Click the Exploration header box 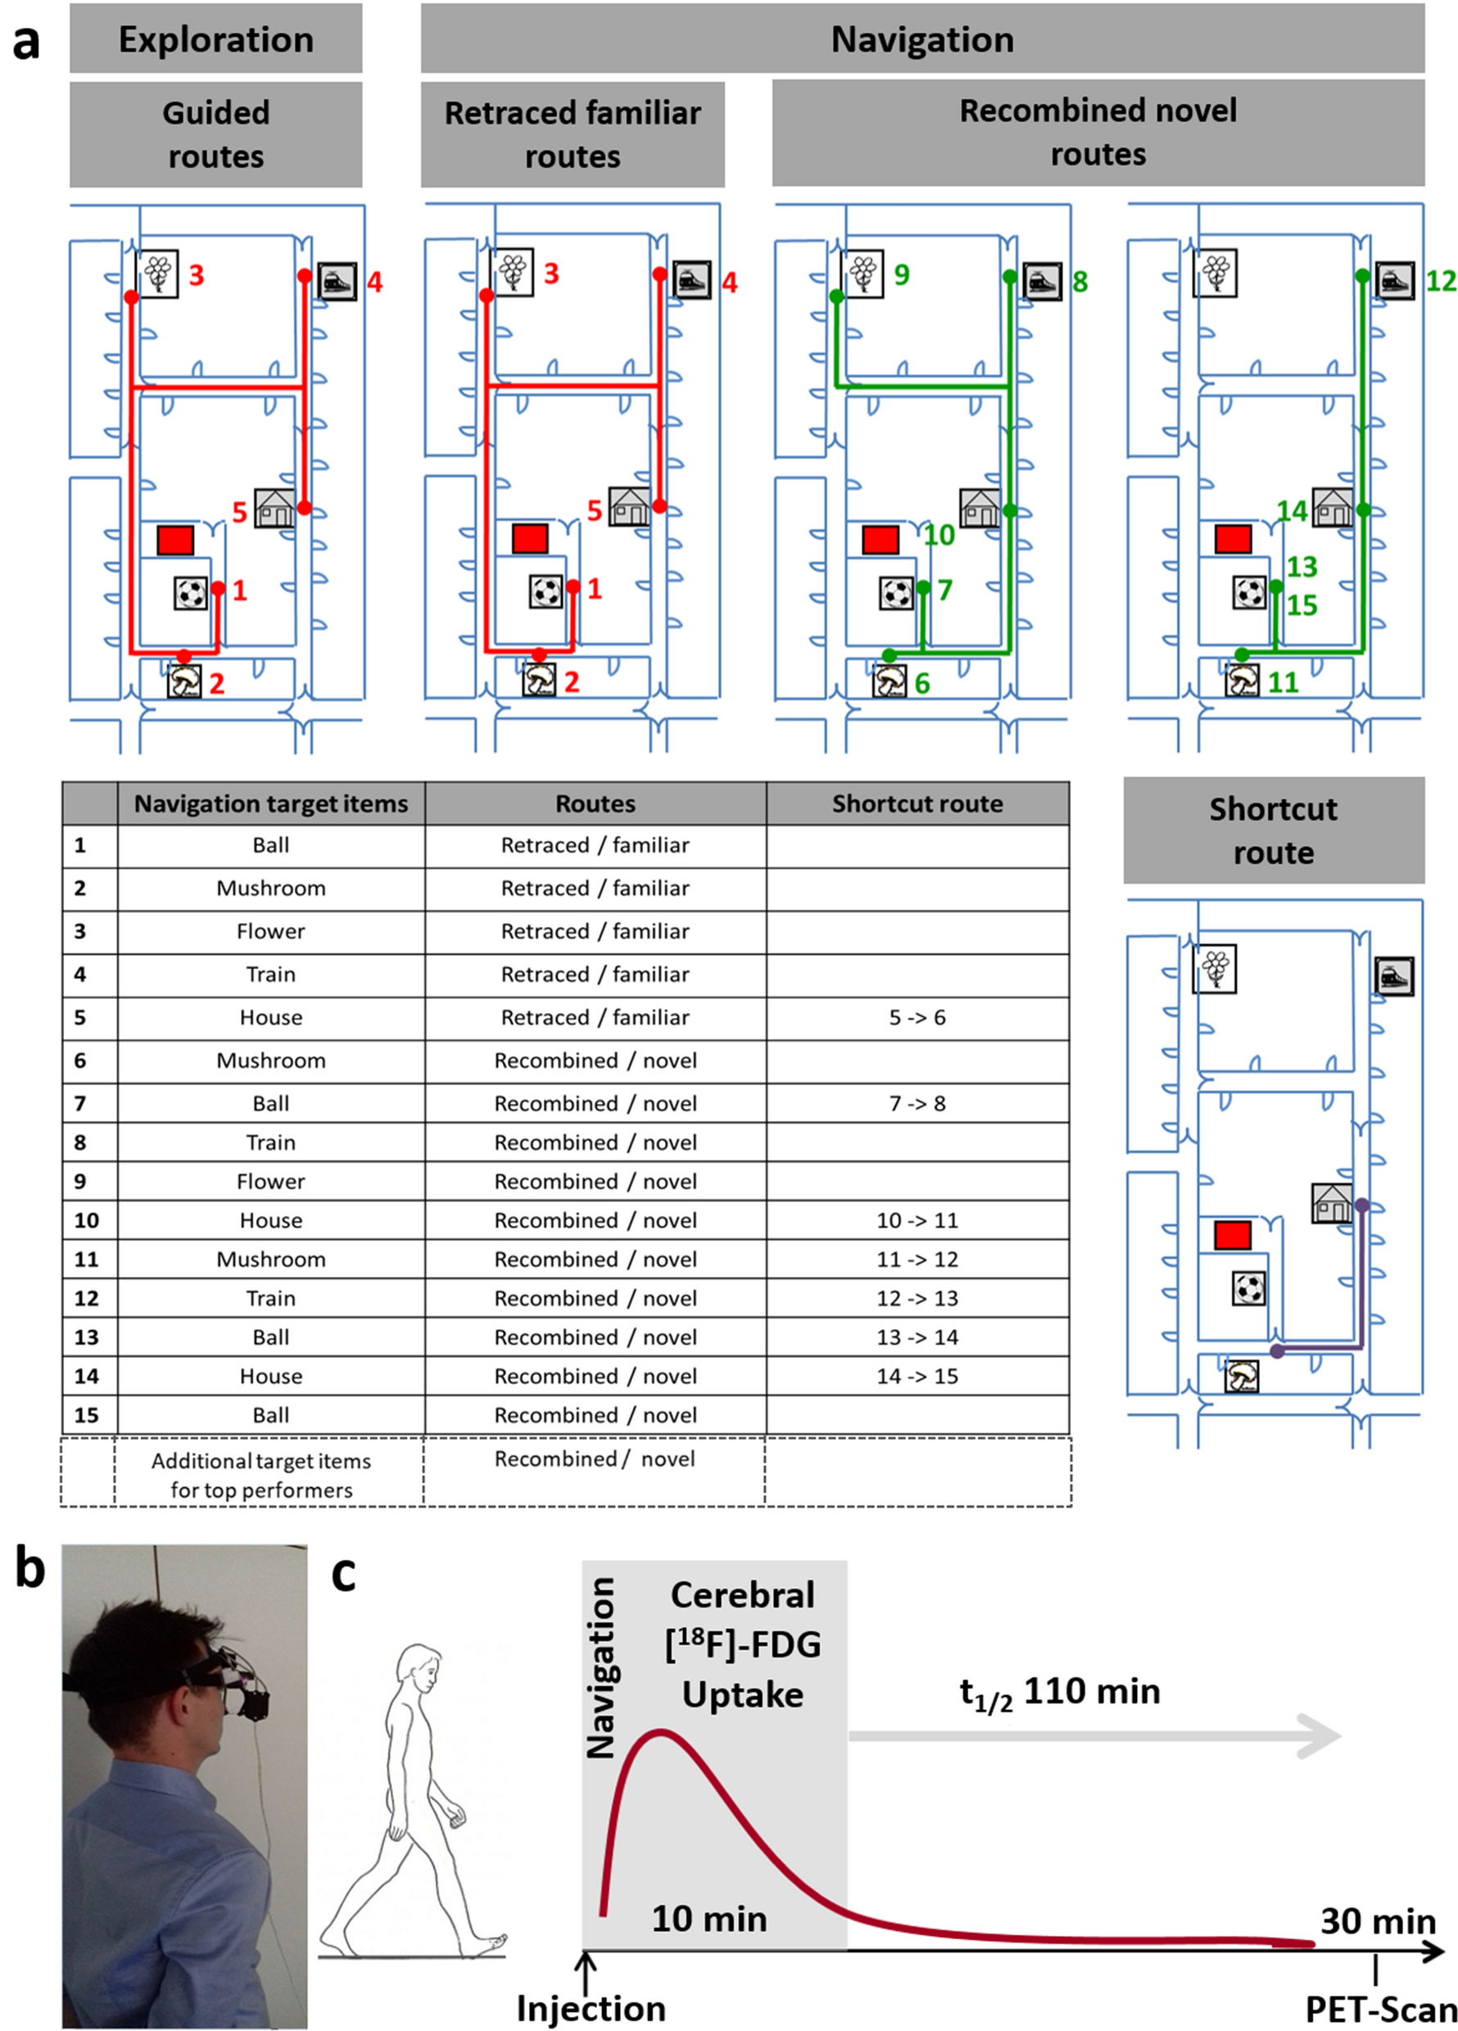click(x=216, y=39)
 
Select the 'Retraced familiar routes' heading click(x=573, y=134)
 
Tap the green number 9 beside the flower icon click(x=901, y=275)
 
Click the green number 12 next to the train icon click(x=1440, y=281)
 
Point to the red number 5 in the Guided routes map click(x=239, y=512)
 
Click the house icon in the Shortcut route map click(x=1332, y=1203)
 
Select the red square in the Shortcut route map click(x=1232, y=1236)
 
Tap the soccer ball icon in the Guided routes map click(x=191, y=593)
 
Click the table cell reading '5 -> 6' click(x=917, y=1017)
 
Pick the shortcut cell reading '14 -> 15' click(x=917, y=1377)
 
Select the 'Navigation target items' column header click(x=270, y=804)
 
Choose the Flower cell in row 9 click(x=270, y=1182)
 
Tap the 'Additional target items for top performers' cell click(x=261, y=1475)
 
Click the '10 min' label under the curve click(x=709, y=1919)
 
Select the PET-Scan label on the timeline click(x=1380, y=2010)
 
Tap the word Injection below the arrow click(x=591, y=2009)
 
